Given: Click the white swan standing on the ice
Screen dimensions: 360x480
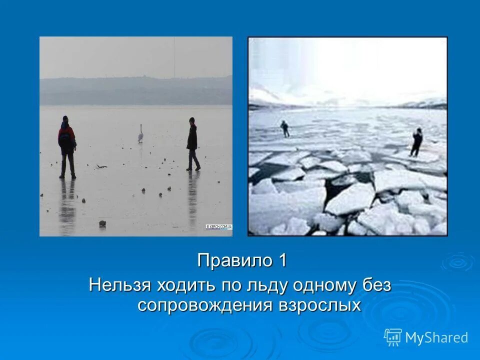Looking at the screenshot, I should point(140,134).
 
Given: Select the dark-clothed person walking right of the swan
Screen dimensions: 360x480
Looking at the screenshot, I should point(192,144).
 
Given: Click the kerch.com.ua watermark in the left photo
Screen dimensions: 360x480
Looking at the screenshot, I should point(219,227).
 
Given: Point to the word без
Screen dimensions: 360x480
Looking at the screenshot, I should point(377,285).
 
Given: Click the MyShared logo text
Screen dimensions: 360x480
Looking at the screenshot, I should point(436,338).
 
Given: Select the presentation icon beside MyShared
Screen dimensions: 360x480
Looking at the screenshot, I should point(392,337).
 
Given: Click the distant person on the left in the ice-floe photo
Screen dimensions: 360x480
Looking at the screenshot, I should point(284,128).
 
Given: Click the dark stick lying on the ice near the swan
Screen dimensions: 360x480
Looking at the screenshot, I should point(101,166).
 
